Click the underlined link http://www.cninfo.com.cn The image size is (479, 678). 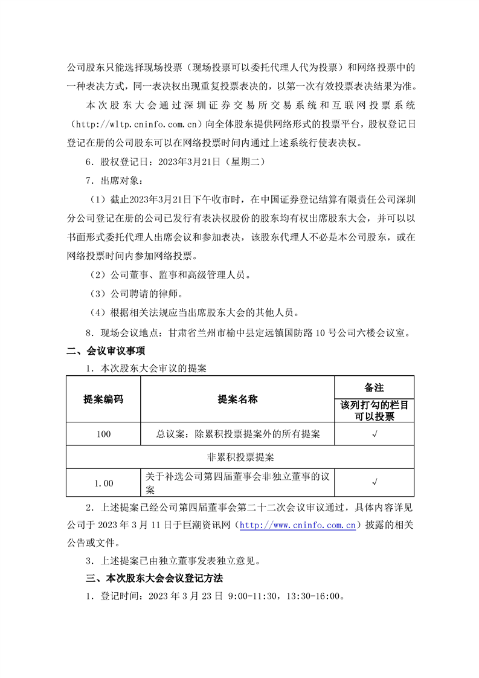pyautogui.click(x=297, y=526)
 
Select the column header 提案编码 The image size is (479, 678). pyautogui.click(x=103, y=399)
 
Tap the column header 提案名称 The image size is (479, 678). pyautogui.click(x=237, y=399)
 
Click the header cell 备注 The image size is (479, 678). pyautogui.click(x=375, y=387)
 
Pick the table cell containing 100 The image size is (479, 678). pyautogui.click(x=103, y=434)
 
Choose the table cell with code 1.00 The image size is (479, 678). pyautogui.click(x=103, y=483)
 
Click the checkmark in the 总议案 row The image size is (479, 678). pyautogui.click(x=375, y=434)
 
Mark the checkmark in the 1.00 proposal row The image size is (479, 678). pyautogui.click(x=375, y=483)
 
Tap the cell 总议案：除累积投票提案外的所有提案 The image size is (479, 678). pyautogui.click(x=237, y=434)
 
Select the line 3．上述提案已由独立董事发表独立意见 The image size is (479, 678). pyautogui.click(x=173, y=560)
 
